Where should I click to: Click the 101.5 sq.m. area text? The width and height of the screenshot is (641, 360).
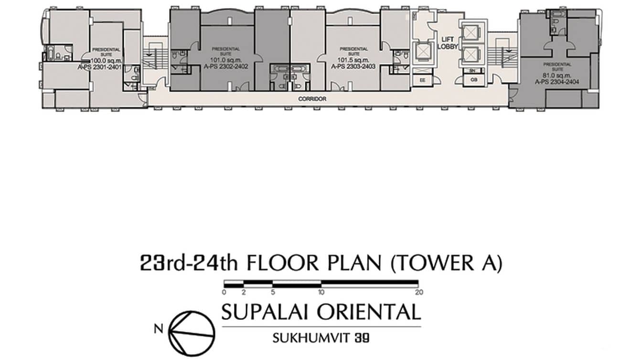coord(353,61)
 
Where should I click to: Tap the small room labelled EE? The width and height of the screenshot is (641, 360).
coord(423,80)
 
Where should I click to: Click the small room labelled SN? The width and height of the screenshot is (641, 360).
coord(473,71)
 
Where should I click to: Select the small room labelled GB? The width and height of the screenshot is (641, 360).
coord(473,80)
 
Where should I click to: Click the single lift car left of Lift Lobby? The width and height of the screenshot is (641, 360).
coord(423,51)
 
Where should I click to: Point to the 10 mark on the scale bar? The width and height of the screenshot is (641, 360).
coord(321,292)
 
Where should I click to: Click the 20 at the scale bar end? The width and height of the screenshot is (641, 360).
coord(419,292)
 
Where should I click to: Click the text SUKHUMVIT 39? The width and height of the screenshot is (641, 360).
coord(321,338)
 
